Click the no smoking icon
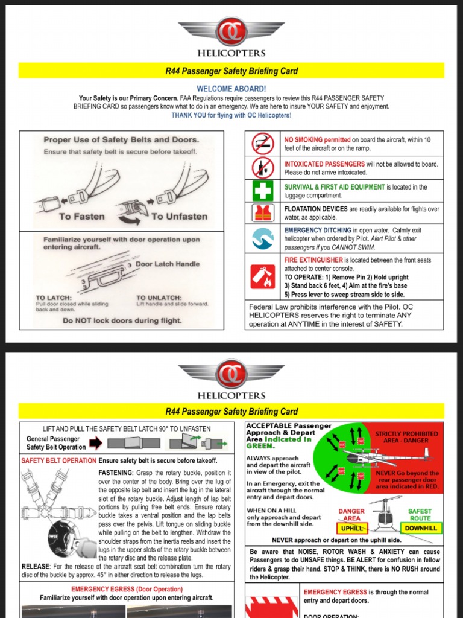(263, 143)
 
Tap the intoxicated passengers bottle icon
(263, 168)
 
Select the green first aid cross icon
(263, 191)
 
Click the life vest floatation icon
(263, 213)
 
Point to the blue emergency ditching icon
(263, 239)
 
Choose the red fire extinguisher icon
(263, 277)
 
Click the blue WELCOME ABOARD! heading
(231, 89)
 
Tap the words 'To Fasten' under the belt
(81, 216)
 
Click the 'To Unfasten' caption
(179, 216)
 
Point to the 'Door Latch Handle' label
(167, 264)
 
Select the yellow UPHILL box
(352, 528)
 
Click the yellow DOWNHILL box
(421, 528)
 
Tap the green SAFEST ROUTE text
(420, 515)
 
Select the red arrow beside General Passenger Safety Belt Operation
(96, 444)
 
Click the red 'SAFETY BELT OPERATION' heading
(59, 460)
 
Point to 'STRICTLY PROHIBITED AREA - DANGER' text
(406, 438)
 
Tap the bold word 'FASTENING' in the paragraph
(115, 473)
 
